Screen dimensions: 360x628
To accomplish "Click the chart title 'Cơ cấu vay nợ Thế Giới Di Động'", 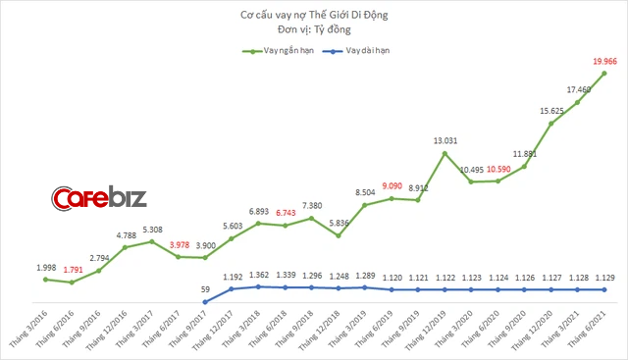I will click(x=314, y=12).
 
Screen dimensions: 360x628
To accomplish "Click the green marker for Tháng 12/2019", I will click(x=445, y=153).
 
